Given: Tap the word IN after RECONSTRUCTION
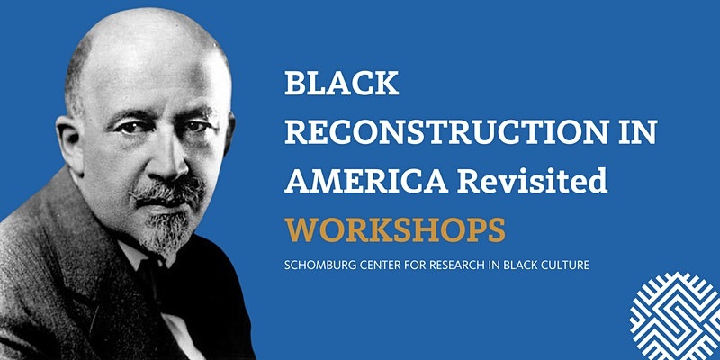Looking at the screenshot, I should click(635, 132).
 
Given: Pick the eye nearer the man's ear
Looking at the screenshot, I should click(144, 126).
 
